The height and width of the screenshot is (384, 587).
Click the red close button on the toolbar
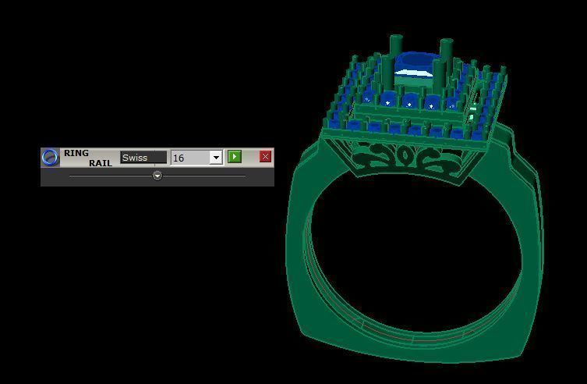265,157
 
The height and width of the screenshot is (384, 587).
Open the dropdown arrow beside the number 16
216,158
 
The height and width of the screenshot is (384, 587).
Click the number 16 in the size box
179,158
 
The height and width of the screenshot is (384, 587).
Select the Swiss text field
143,158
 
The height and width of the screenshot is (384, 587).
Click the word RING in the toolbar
76,153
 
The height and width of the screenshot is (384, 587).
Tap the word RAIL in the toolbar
100,163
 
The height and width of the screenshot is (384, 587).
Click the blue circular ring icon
50,158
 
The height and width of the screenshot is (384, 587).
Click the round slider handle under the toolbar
157,176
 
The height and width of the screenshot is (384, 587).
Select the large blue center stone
415,62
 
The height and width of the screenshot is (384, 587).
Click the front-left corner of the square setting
327,125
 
